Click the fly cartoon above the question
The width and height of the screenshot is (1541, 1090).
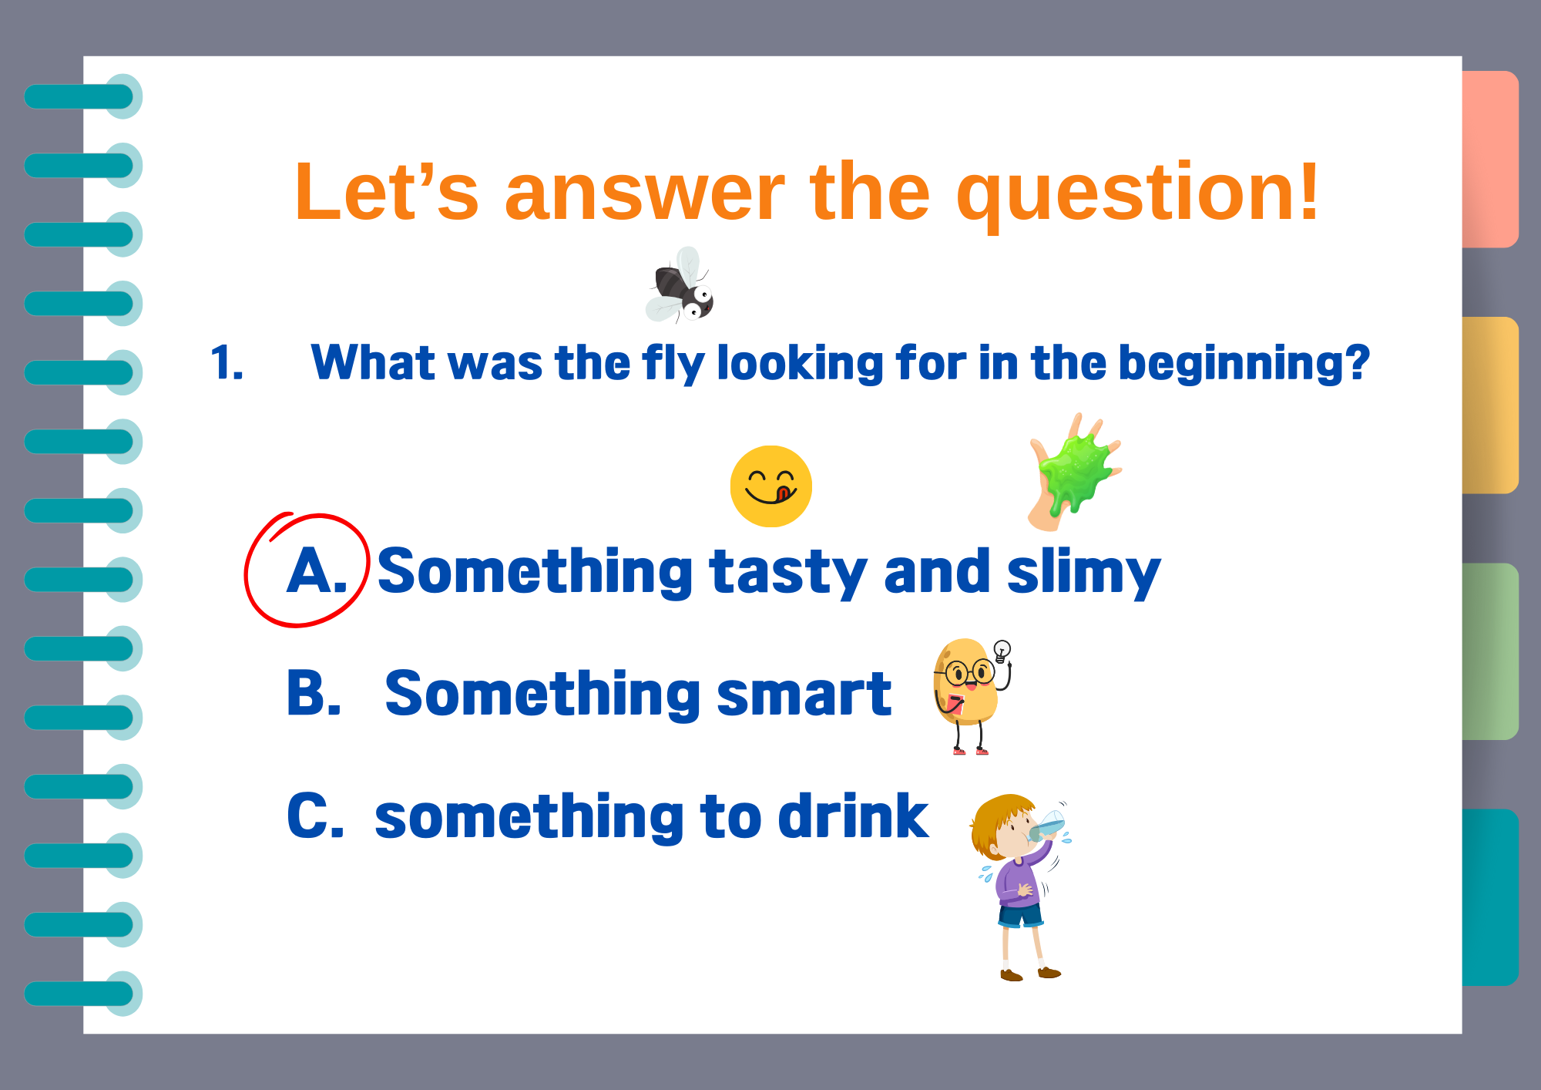pyautogui.click(x=680, y=285)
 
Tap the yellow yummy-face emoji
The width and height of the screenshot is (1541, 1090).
pyautogui.click(x=770, y=486)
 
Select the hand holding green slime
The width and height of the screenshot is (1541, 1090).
pyautogui.click(x=1074, y=472)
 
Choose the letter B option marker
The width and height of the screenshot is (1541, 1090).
pyautogui.click(x=314, y=693)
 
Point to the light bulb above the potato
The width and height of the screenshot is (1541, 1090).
pyautogui.click(x=1002, y=651)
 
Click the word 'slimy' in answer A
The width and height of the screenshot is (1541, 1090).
pyautogui.click(x=1083, y=572)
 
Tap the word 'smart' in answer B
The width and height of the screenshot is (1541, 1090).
pyautogui.click(x=804, y=694)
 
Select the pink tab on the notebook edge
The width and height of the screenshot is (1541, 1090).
pyautogui.click(x=1490, y=159)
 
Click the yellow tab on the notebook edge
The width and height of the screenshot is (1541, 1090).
pyautogui.click(x=1490, y=405)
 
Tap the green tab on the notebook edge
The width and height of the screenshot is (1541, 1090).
pyautogui.click(x=1490, y=651)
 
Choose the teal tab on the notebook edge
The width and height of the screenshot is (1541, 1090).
pyautogui.click(x=1490, y=897)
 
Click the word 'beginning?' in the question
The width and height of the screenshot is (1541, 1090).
pyautogui.click(x=1244, y=363)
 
